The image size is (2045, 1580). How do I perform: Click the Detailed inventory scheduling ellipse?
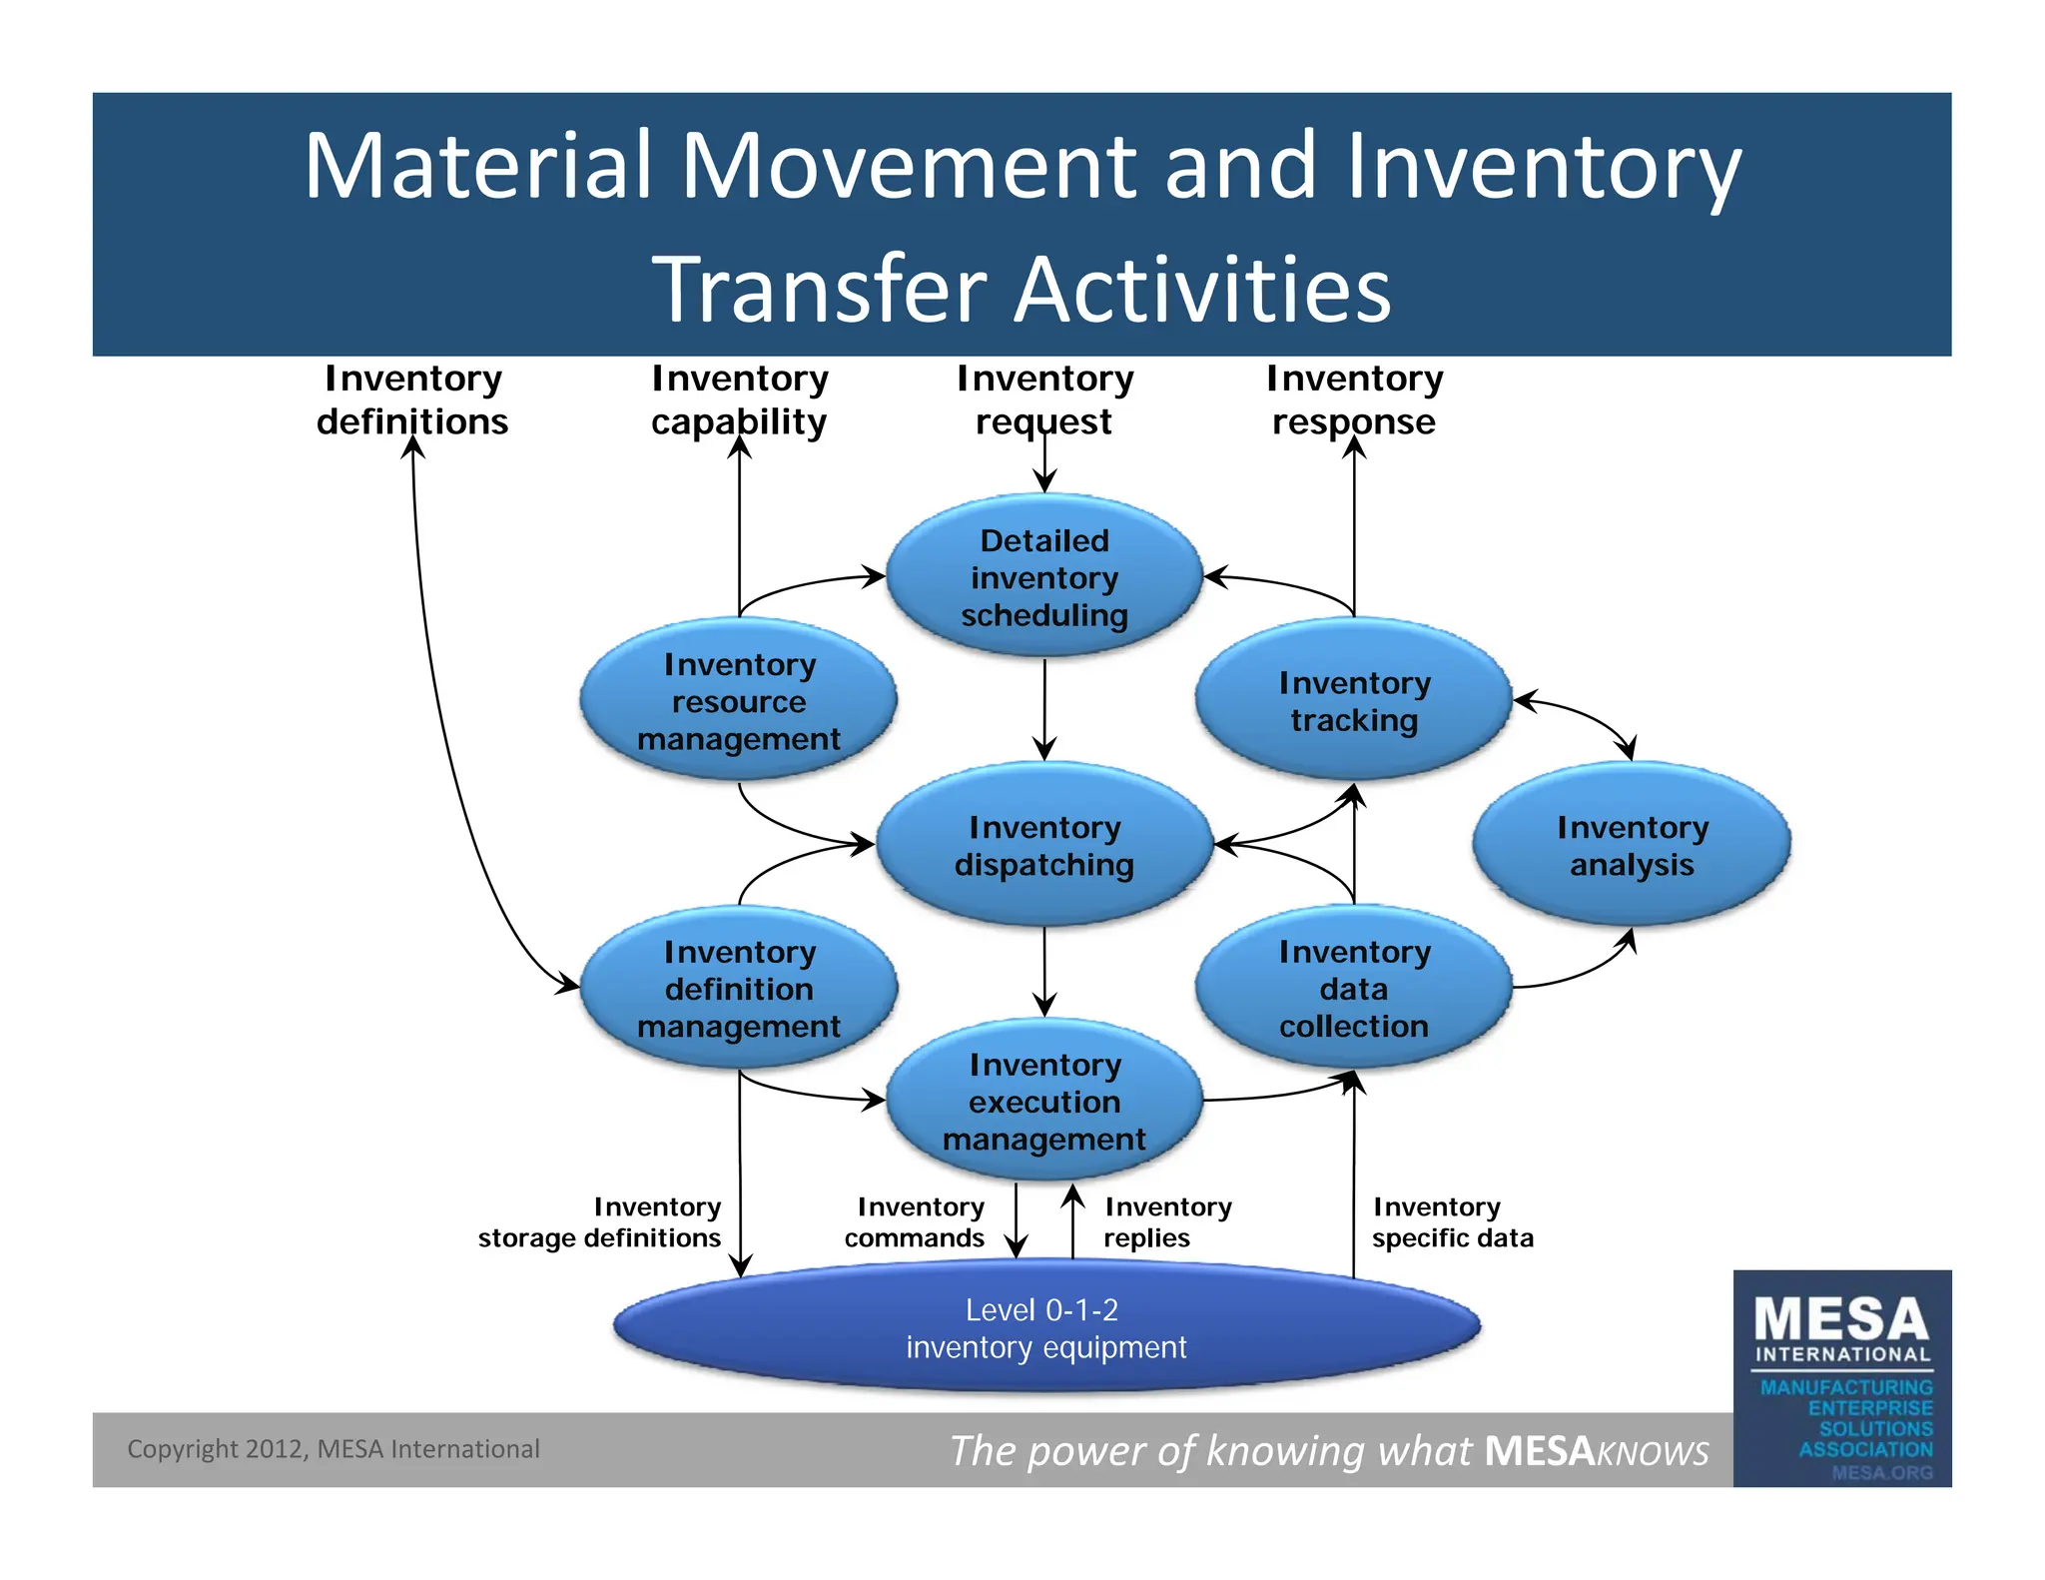click(1043, 577)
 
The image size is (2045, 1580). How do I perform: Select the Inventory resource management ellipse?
click(739, 701)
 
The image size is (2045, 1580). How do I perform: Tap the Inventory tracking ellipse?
click(1353, 701)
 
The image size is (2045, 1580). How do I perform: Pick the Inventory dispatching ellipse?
click(1043, 845)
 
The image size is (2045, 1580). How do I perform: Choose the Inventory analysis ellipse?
click(1631, 845)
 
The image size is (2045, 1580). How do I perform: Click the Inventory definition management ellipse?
click(739, 989)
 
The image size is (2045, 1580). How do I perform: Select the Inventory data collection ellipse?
click(1353, 989)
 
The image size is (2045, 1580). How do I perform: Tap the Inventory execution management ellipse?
click(1043, 1102)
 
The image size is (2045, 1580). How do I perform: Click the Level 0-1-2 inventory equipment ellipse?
click(1045, 1327)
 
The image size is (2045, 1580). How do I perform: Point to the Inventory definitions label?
click(412, 400)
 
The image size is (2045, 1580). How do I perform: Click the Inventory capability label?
click(739, 400)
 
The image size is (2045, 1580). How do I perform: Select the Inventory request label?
click(1044, 400)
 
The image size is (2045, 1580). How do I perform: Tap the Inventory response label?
click(1354, 400)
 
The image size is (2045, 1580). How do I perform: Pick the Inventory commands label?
click(916, 1222)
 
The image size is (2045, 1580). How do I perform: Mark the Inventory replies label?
click(1166, 1222)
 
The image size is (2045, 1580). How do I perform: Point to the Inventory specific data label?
click(1451, 1222)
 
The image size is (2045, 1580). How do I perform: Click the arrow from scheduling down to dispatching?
click(1044, 709)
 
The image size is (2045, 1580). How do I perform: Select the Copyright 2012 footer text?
click(334, 1449)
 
